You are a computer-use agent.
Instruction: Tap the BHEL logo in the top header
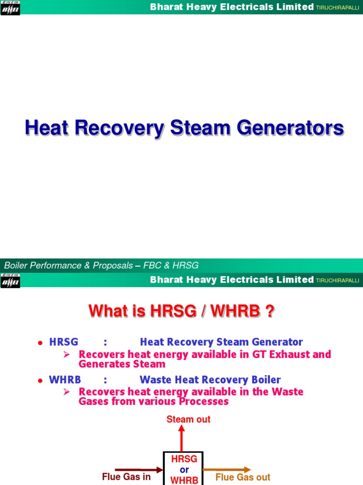click(10, 8)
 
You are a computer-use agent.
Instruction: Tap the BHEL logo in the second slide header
click(10, 281)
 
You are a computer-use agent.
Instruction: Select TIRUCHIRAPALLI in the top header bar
click(338, 8)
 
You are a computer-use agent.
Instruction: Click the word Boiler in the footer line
click(17, 266)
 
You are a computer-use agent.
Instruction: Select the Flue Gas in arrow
click(139, 470)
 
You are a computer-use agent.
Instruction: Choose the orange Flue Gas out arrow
click(226, 470)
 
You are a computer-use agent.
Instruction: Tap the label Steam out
click(189, 419)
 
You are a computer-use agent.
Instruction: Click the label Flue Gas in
click(126, 477)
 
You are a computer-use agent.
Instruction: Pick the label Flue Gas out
click(243, 477)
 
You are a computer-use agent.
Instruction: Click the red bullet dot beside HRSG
click(40, 342)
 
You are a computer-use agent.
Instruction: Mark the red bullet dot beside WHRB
click(40, 380)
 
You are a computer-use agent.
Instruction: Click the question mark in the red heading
click(270, 311)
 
